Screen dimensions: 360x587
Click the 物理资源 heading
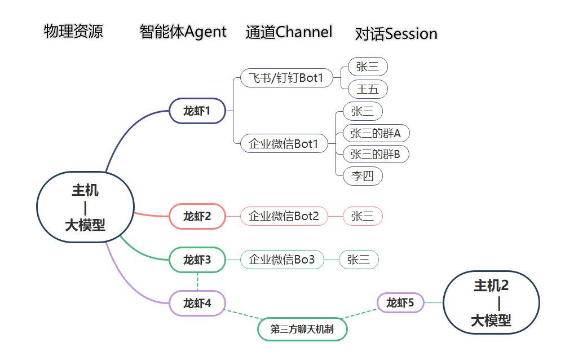tap(73, 31)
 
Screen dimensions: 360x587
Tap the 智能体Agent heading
tap(183, 32)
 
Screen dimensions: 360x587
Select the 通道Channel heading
tap(289, 32)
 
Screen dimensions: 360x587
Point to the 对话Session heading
tap(396, 34)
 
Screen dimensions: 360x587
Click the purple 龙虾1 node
tap(197, 111)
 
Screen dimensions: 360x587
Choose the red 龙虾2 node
tap(197, 216)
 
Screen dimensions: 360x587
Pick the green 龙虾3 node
tap(197, 260)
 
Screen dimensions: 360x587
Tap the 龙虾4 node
tap(197, 303)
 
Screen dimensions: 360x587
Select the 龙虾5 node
tap(400, 303)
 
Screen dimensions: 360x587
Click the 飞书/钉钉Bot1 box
tap(286, 78)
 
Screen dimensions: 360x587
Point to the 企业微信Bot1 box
tap(284, 143)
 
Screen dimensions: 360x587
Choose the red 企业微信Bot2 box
tap(284, 216)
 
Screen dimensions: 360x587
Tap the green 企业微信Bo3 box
tap(282, 260)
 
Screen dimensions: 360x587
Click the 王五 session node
tap(368, 89)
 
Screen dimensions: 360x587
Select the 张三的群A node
tap(376, 133)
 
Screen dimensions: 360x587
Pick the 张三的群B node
tap(376, 154)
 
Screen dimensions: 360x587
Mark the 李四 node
tap(363, 176)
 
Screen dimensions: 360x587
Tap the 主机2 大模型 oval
tap(491, 303)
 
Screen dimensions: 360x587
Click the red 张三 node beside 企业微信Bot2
tap(363, 216)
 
